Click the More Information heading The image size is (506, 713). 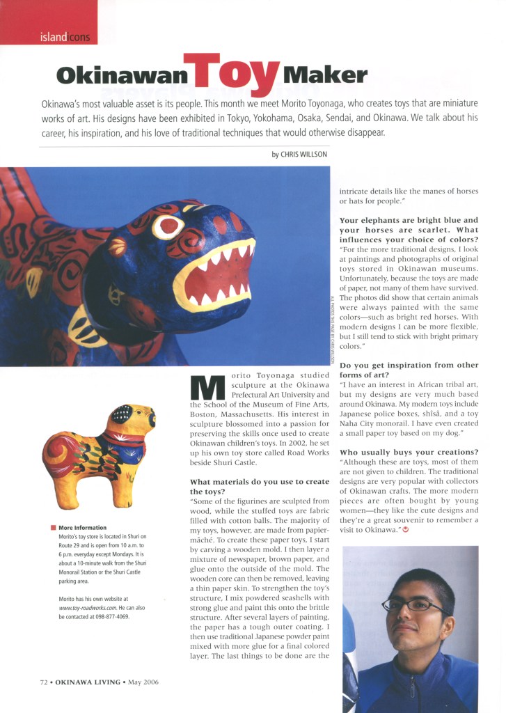[83, 528]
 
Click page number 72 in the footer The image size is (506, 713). [43, 682]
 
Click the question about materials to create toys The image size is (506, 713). [260, 487]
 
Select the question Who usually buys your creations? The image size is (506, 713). [404, 452]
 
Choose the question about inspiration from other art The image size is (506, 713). [409, 370]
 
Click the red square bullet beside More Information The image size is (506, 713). [53, 528]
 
